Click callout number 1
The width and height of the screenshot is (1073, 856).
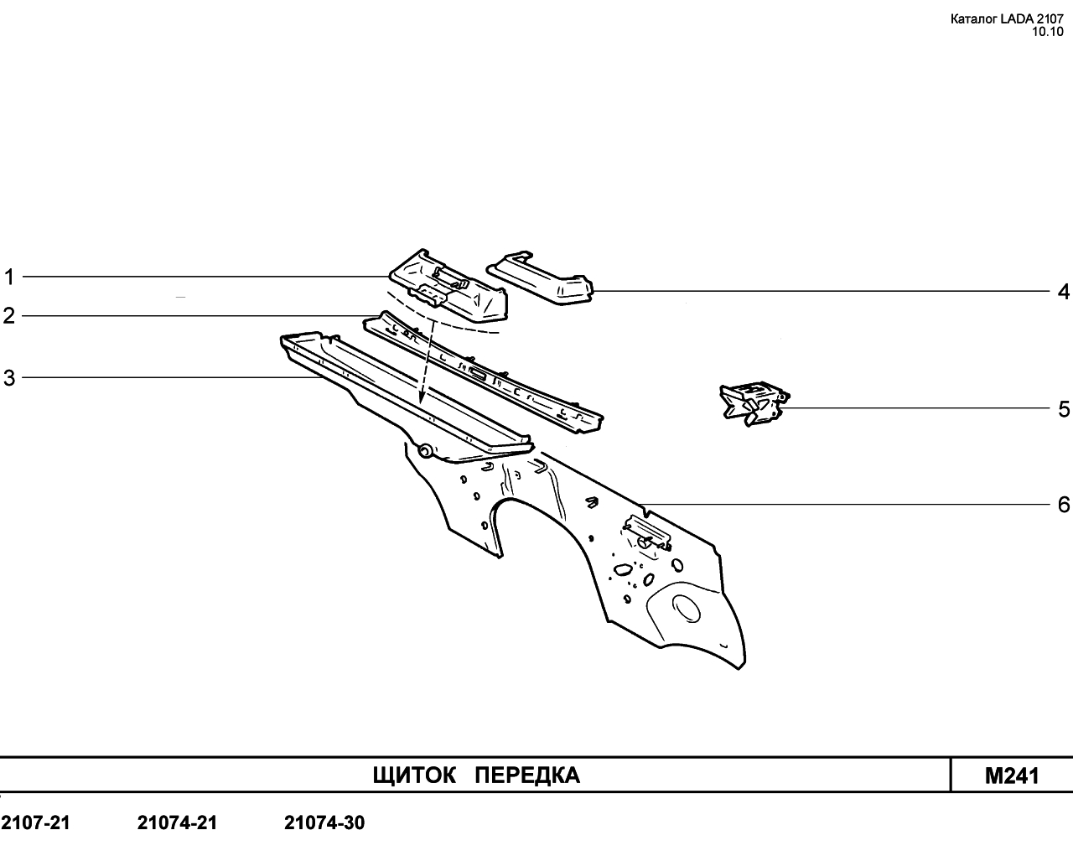click(x=9, y=277)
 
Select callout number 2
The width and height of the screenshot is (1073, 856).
click(x=9, y=316)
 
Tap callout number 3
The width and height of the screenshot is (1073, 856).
click(x=9, y=378)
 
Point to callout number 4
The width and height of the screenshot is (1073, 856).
click(x=1063, y=292)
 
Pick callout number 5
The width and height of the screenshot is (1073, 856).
click(x=1064, y=409)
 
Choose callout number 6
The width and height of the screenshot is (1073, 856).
click(x=1064, y=505)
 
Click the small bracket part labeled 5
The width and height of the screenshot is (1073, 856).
click(x=754, y=403)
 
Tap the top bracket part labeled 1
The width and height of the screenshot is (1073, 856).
click(x=448, y=285)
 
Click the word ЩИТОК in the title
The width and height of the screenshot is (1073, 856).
click(x=414, y=776)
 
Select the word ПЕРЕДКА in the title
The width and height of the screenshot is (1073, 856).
click(x=527, y=776)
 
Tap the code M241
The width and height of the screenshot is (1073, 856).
click(x=1012, y=776)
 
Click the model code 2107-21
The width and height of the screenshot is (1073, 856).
click(x=35, y=822)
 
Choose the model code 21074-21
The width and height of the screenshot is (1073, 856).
click(x=177, y=822)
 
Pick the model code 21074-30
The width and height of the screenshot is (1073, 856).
click(x=324, y=822)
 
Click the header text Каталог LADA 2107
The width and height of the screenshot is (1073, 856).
click(x=1007, y=19)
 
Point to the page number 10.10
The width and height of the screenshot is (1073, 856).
click(x=1048, y=32)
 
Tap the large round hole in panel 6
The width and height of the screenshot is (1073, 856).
click(x=687, y=608)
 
